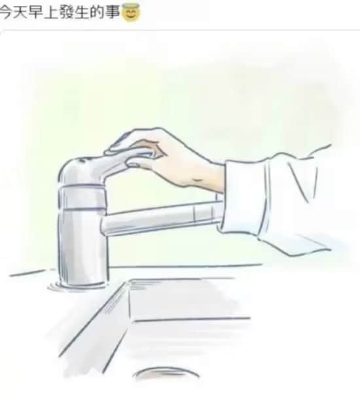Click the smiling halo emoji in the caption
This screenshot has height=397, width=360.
tap(131, 13)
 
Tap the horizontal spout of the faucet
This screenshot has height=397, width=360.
tap(162, 217)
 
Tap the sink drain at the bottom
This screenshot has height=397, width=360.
tap(166, 373)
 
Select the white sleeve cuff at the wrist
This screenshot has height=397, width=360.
tap(243, 197)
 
